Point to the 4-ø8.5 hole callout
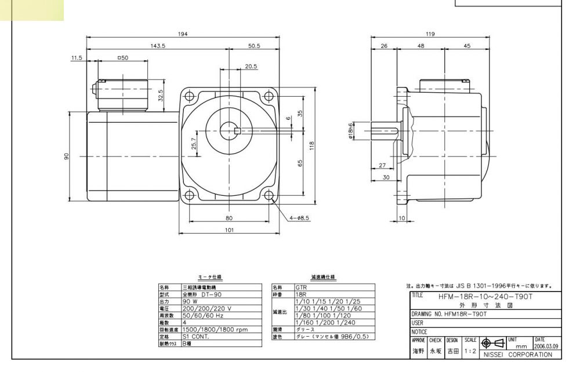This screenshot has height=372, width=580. pos(300,218)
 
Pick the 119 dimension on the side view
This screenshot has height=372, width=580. pos(430,34)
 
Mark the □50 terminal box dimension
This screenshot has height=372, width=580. pos(122,59)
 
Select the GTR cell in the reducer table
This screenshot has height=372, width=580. pos(302,287)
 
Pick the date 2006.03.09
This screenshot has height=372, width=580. pos(546,347)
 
